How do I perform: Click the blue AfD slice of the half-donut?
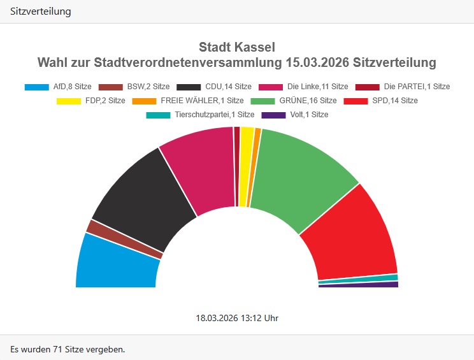click(118, 263)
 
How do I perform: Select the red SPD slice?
click(350, 236)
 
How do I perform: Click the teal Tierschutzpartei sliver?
click(358, 278)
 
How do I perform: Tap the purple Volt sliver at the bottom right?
click(358, 285)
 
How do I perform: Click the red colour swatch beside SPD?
click(355, 101)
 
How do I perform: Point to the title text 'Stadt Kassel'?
click(237, 48)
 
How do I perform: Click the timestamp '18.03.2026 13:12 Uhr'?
click(237, 317)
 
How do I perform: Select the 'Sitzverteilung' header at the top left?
click(41, 11)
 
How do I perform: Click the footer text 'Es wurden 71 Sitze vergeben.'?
click(68, 349)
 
